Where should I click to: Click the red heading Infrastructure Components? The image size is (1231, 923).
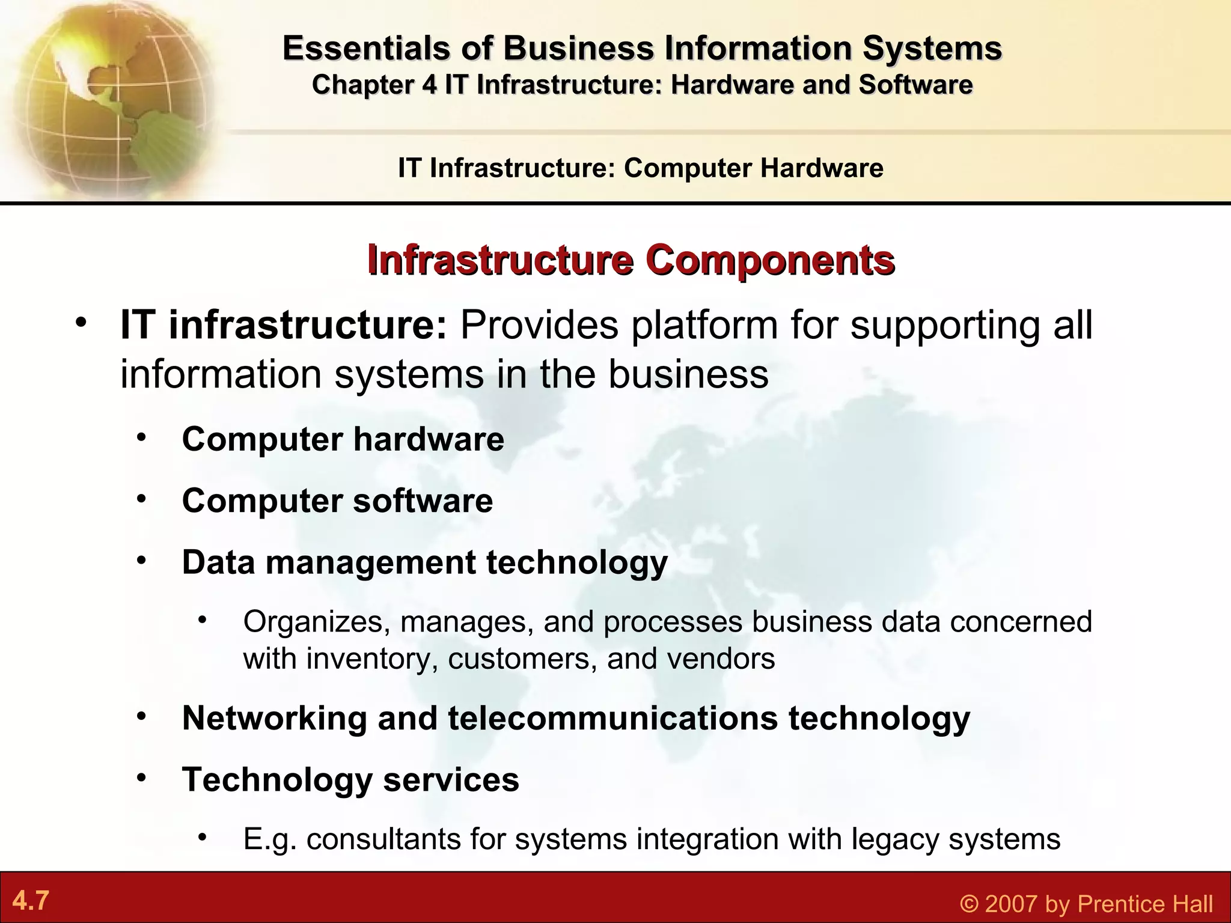pos(631,260)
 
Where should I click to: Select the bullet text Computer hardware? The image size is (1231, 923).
pos(343,439)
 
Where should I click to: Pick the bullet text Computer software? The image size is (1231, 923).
pos(337,501)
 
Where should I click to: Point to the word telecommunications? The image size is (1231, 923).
pos(612,717)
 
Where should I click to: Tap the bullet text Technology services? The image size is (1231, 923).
pos(350,779)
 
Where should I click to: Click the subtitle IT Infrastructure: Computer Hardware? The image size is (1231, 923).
pos(641,168)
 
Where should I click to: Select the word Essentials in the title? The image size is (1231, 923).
pos(366,48)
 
